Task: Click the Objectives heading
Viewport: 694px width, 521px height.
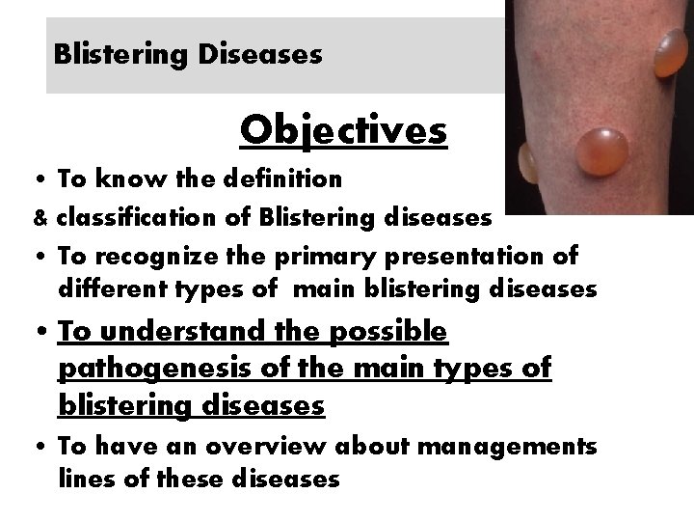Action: click(343, 129)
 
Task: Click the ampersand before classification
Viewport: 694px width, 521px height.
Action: click(40, 218)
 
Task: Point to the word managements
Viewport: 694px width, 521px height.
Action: click(520, 447)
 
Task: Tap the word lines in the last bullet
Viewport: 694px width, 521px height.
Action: click(84, 478)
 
